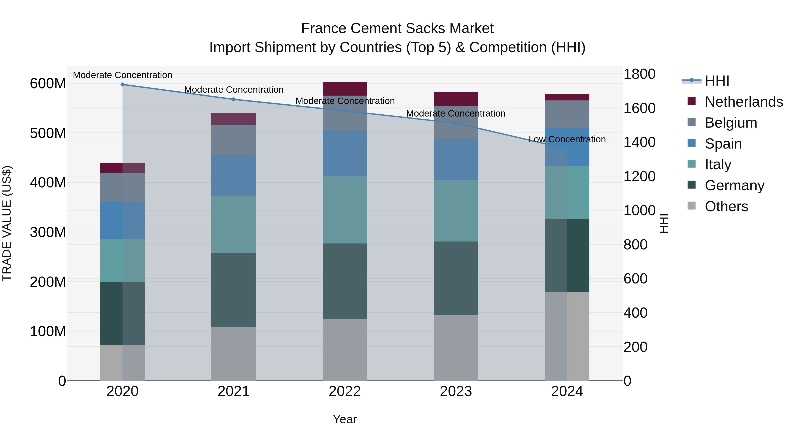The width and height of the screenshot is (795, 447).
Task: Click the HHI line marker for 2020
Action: (123, 84)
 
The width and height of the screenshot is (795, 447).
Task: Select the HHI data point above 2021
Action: (234, 99)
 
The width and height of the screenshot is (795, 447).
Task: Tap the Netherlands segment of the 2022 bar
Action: (345, 89)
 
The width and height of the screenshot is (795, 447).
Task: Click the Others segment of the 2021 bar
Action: (234, 354)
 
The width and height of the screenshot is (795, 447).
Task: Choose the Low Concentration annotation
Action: (567, 140)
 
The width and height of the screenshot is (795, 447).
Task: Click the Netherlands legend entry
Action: (744, 102)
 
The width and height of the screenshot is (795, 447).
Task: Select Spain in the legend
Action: (723, 144)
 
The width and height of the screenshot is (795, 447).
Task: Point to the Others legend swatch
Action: (692, 206)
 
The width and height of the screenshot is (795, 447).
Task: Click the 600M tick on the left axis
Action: (48, 84)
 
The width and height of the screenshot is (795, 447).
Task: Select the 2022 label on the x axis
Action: (345, 391)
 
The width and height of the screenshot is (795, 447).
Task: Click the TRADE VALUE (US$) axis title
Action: (7, 223)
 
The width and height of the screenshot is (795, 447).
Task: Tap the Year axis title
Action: (345, 419)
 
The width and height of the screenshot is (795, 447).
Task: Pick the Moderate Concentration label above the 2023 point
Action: (456, 113)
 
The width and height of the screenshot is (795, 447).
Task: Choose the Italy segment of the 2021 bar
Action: (234, 224)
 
